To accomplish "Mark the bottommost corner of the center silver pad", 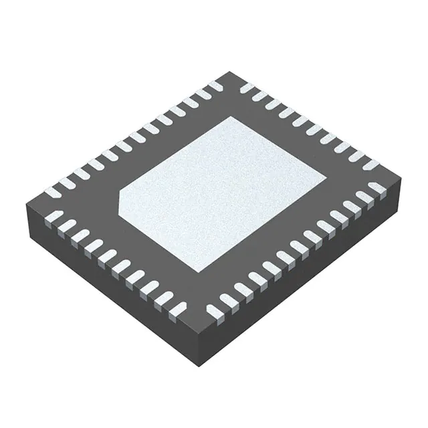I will click(x=200, y=274).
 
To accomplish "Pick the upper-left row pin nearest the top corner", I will click(x=214, y=86).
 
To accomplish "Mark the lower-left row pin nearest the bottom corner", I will click(x=178, y=308).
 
